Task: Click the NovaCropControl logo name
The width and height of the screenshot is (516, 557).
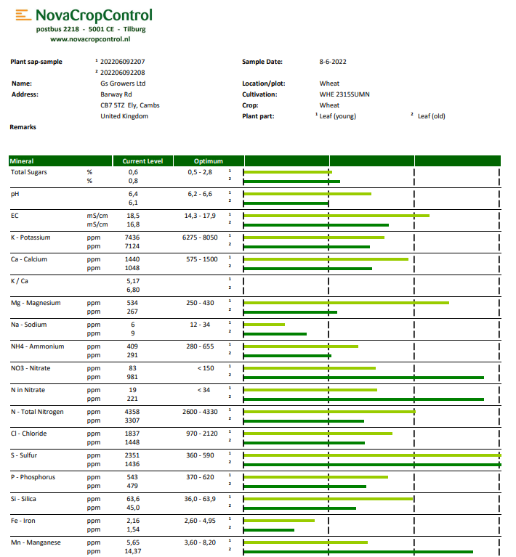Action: (94, 15)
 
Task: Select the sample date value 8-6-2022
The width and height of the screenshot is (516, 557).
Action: (334, 62)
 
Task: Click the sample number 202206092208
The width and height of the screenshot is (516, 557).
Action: (122, 73)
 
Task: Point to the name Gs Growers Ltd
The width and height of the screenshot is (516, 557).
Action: (123, 84)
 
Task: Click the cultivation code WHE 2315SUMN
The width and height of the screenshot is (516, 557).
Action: (344, 94)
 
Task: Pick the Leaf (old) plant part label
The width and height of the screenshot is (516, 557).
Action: (431, 116)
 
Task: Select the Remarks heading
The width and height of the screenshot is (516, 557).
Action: (23, 127)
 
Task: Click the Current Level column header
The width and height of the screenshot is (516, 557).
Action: (142, 161)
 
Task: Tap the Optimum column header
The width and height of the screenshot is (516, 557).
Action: (208, 161)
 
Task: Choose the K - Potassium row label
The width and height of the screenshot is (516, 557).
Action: (31, 237)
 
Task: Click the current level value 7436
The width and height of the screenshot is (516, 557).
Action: (132, 237)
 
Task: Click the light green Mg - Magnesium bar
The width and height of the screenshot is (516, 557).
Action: (346, 303)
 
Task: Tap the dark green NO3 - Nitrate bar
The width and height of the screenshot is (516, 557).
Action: (363, 378)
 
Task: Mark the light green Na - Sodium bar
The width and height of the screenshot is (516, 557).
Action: (264, 325)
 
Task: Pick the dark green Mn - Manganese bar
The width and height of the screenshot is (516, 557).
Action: (358, 552)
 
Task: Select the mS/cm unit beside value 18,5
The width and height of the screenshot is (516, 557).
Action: (97, 216)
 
